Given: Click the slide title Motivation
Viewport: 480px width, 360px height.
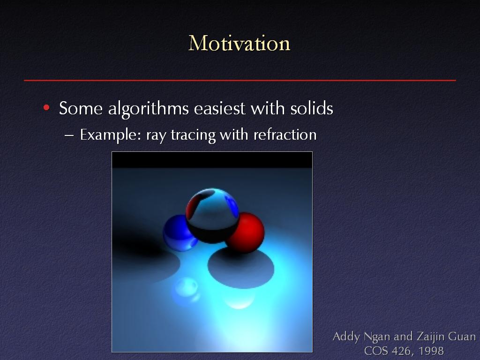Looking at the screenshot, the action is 239,43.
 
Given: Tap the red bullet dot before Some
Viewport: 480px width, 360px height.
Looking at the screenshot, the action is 46,107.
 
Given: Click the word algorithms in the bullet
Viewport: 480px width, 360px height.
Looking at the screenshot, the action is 148,109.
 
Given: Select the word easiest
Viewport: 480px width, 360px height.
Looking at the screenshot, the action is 219,108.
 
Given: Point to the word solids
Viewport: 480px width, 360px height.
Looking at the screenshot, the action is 312,108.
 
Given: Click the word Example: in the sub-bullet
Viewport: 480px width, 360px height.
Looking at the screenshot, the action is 111,135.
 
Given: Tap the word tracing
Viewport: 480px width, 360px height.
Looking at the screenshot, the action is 193,135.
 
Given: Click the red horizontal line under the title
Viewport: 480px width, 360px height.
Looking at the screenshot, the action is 240,81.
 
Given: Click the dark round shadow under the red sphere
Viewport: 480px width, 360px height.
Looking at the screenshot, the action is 241,268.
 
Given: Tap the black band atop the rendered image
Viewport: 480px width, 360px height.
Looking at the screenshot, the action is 212,160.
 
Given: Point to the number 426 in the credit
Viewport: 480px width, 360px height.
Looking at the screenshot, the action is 401,351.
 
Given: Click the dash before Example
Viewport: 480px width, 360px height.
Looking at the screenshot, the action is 69,135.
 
